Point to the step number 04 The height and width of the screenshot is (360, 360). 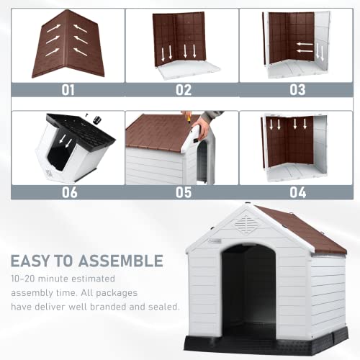pyautogui.click(x=297, y=192)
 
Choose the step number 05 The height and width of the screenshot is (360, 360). pyautogui.click(x=183, y=192)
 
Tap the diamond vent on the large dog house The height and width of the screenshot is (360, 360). pyautogui.click(x=246, y=223)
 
